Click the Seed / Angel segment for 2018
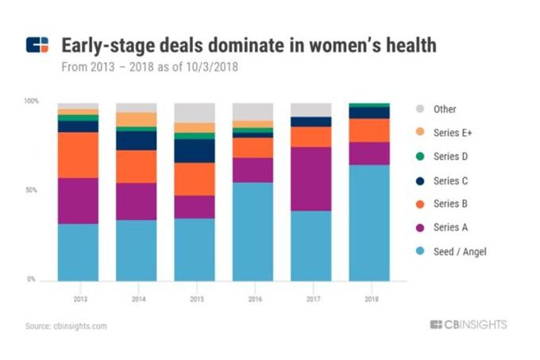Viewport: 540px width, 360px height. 369,223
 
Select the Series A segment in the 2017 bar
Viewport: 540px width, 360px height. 311,179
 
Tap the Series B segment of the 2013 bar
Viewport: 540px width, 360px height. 78,155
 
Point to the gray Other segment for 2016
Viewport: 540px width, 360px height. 253,111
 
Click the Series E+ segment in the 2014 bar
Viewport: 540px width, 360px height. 137,119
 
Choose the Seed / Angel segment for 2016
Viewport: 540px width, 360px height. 253,231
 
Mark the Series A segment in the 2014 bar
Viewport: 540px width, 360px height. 137,201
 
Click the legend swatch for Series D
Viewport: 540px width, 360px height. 420,157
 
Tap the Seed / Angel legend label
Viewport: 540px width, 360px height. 460,252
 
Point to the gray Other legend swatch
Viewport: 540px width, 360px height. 420,109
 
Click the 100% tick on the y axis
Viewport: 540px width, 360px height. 31,102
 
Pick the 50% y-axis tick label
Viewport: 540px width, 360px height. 33,191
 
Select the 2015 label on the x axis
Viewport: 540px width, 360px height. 195,299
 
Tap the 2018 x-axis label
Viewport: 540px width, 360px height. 369,299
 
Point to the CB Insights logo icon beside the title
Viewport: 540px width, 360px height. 37,45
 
